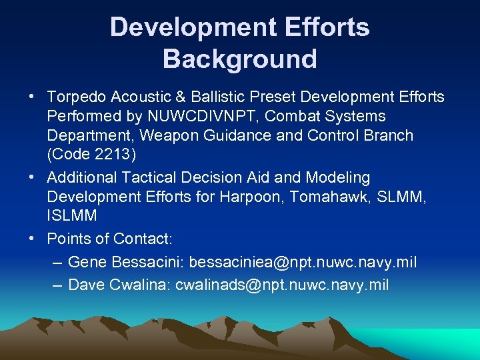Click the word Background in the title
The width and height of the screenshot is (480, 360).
click(239, 59)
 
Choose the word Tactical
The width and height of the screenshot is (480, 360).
click(143, 178)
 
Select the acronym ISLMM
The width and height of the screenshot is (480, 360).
click(72, 216)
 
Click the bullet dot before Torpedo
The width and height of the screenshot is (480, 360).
click(32, 97)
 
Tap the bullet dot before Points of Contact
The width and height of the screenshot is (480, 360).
click(32, 239)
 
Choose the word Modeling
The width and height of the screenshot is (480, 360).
click(338, 178)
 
